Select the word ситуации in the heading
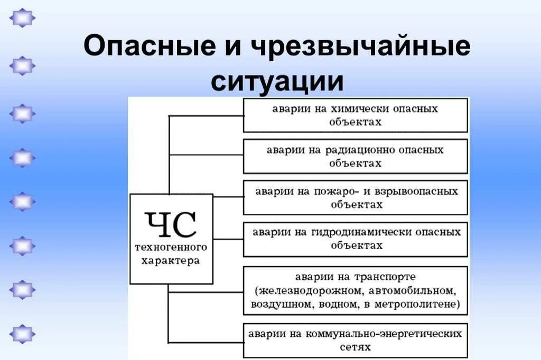(x=278, y=82)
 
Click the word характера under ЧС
(x=171, y=261)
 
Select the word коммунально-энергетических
(x=391, y=334)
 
